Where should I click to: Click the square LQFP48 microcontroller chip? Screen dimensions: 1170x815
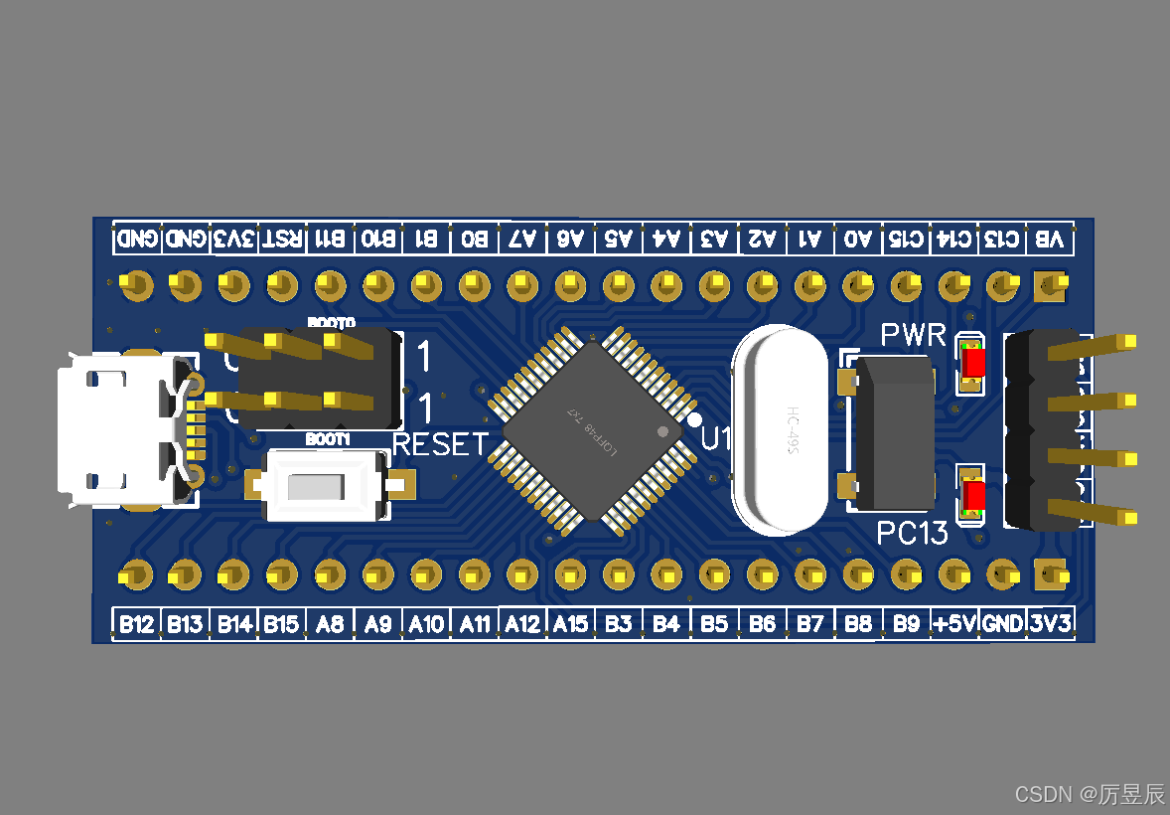tap(593, 429)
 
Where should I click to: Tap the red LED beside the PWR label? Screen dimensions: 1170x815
tap(971, 363)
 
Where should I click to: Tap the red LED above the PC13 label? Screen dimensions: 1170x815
tap(972, 494)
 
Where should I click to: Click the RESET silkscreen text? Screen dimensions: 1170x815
tap(441, 444)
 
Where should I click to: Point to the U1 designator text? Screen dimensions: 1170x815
tap(717, 437)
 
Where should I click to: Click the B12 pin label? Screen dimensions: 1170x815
tap(136, 624)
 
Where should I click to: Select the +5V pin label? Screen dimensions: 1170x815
tap(954, 624)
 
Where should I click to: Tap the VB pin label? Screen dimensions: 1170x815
tap(1050, 240)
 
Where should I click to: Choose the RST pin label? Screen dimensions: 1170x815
tap(282, 240)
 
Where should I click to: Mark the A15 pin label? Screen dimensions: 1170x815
tap(570, 624)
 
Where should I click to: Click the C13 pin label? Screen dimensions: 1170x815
tap(1001, 240)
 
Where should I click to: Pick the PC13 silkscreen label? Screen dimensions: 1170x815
tap(912, 534)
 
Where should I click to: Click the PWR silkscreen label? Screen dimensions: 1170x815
tap(914, 335)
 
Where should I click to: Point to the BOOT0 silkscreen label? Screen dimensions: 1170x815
tap(331, 323)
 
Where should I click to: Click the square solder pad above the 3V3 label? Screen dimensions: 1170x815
tap(1049, 575)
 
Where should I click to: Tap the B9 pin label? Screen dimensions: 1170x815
tap(906, 624)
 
